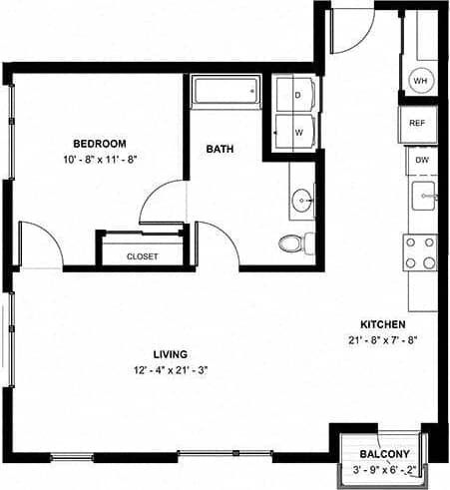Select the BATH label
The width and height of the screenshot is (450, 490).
[220, 150]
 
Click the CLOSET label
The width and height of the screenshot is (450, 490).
[142, 256]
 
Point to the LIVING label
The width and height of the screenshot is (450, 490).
[171, 353]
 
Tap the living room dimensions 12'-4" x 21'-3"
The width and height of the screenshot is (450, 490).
[171, 369]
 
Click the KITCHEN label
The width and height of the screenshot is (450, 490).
[382, 324]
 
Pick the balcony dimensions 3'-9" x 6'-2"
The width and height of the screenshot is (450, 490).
[383, 470]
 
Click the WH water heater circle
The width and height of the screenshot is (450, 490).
[420, 81]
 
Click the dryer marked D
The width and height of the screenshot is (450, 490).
[296, 96]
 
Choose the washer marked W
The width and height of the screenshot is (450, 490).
[296, 130]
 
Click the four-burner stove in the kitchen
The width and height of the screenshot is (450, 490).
[420, 252]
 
